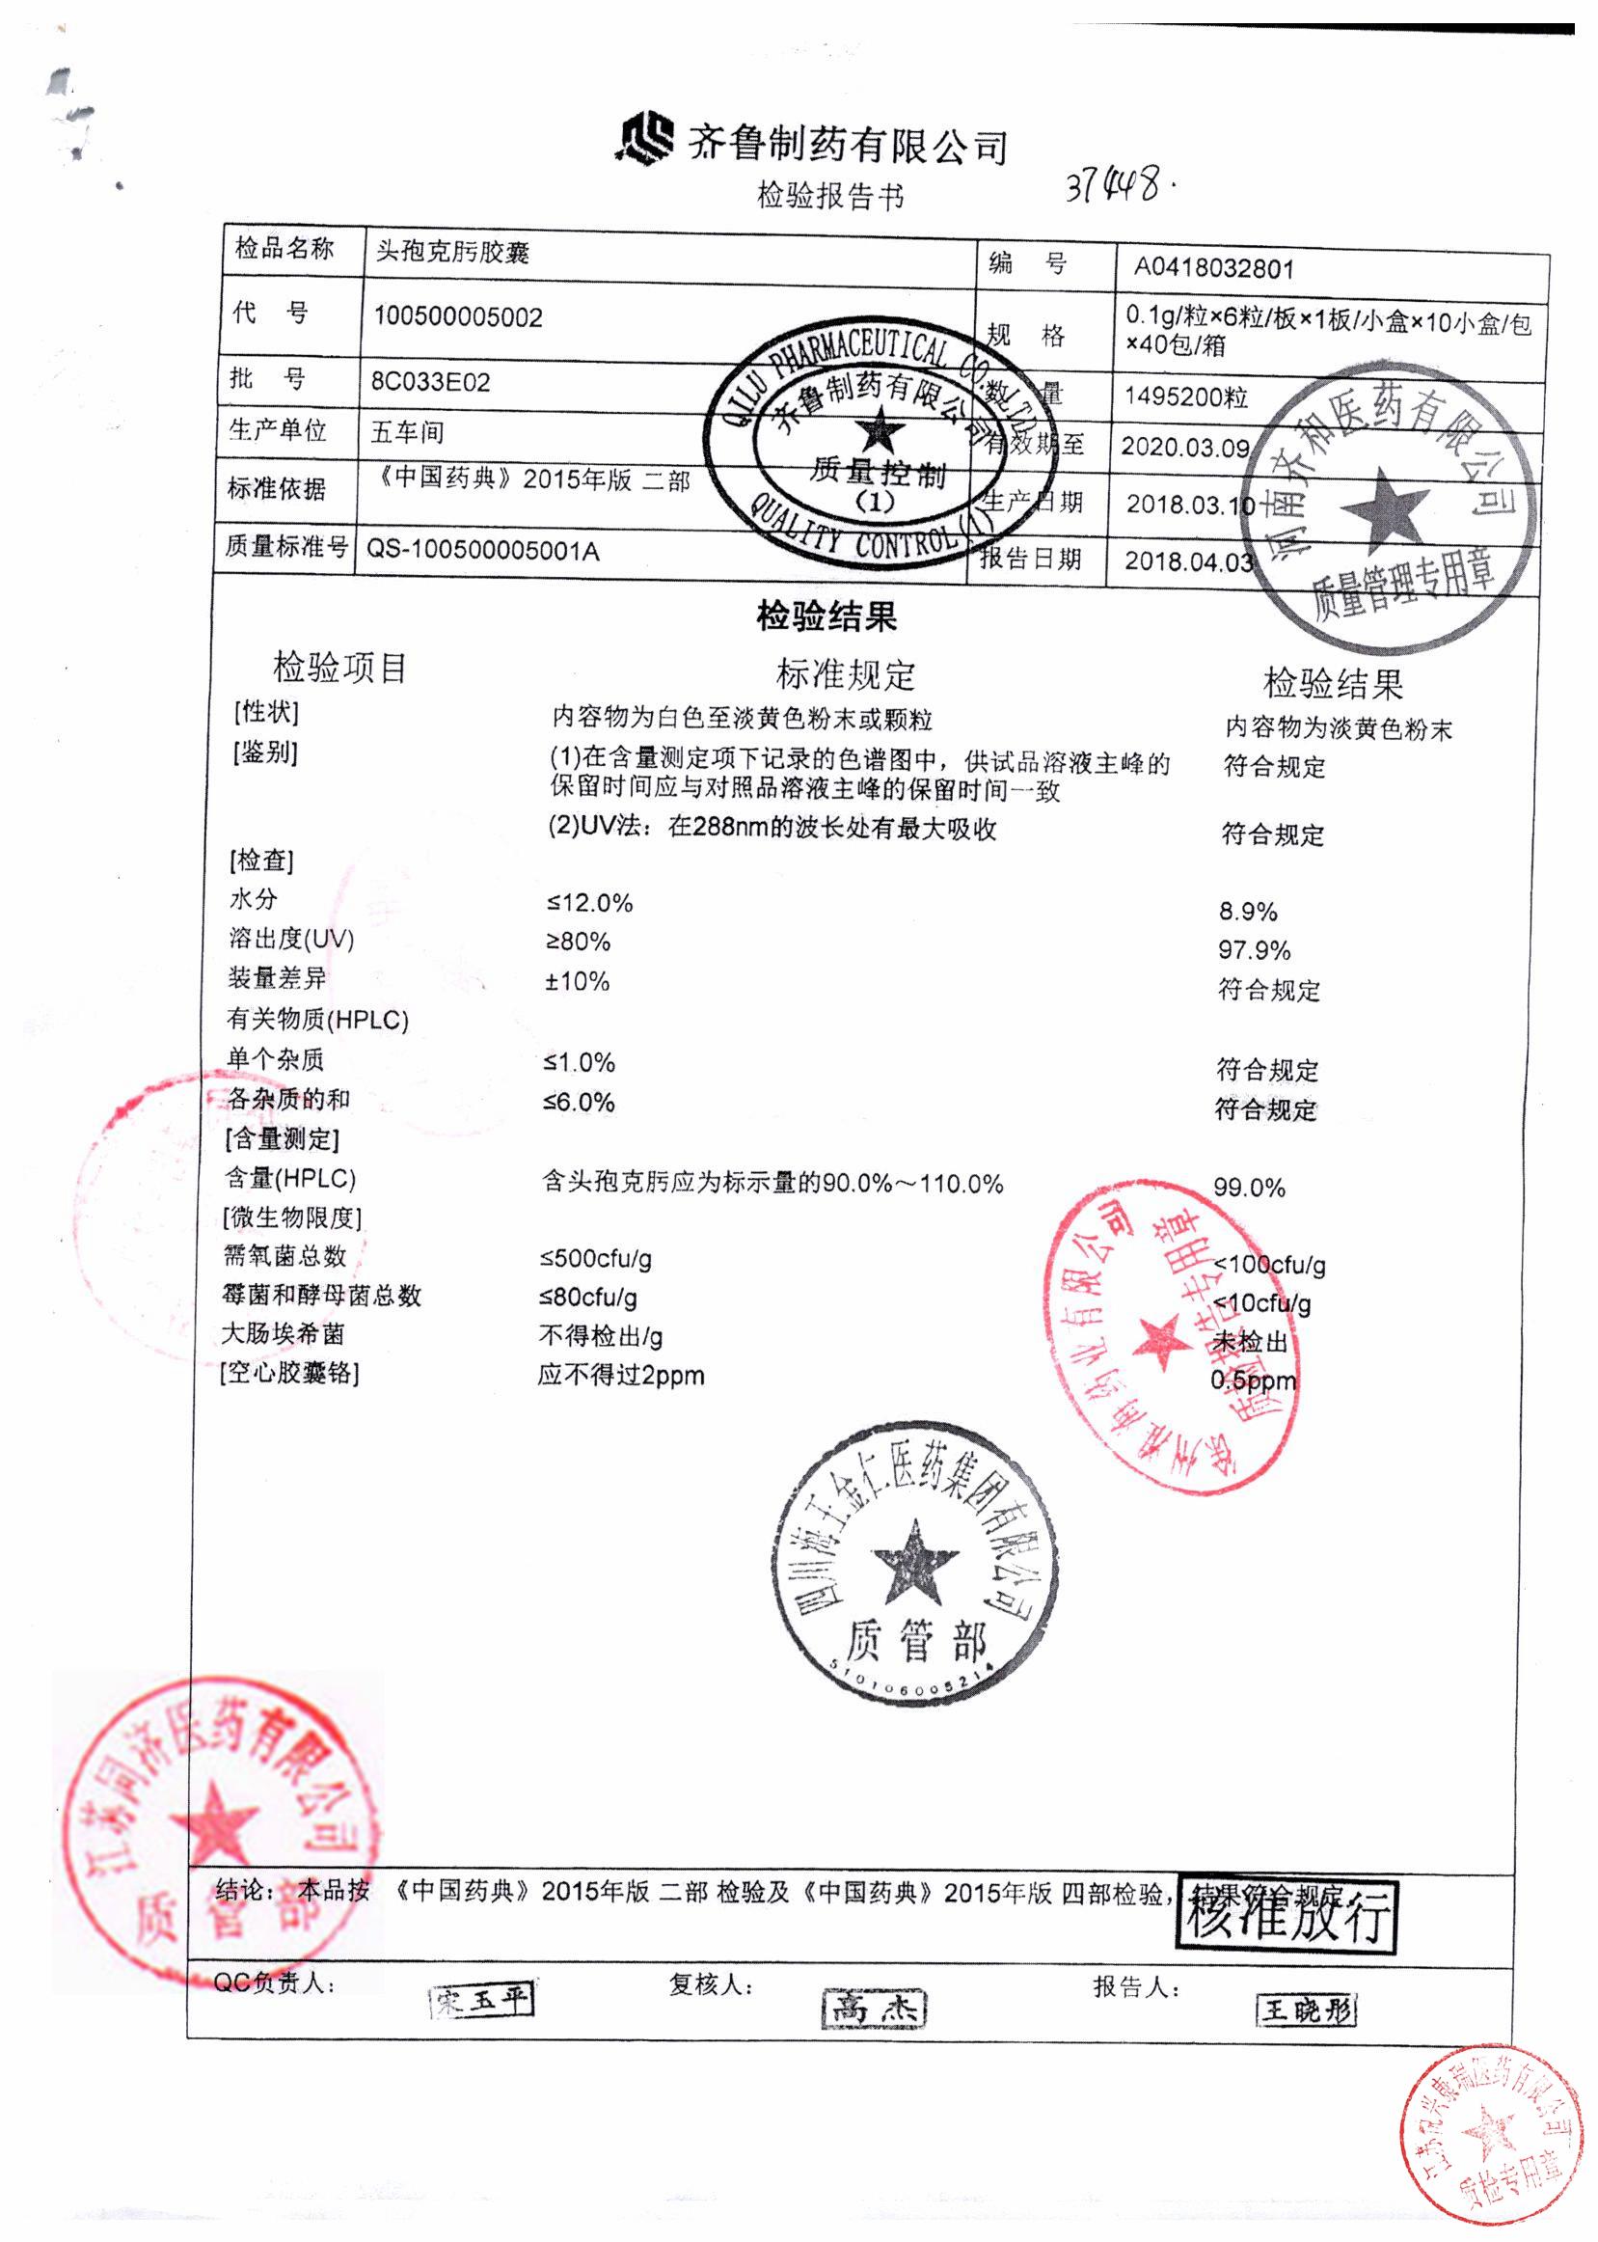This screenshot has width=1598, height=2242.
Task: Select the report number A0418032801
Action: click(x=1213, y=267)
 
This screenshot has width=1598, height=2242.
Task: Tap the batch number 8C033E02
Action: click(x=430, y=382)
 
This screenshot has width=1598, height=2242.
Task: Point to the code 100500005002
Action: click(x=457, y=317)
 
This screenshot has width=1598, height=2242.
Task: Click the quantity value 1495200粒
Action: click(x=1185, y=396)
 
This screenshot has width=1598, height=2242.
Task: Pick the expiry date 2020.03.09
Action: click(x=1184, y=447)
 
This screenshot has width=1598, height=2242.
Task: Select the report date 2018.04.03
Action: click(x=1189, y=561)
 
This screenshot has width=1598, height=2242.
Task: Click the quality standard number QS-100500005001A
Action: click(x=482, y=550)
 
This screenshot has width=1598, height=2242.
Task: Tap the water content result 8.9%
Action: click(x=1248, y=912)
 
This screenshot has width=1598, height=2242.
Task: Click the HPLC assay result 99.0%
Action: click(x=1249, y=1188)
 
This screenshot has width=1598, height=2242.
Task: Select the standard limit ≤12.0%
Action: click(x=589, y=903)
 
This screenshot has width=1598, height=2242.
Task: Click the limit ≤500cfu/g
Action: click(x=595, y=1258)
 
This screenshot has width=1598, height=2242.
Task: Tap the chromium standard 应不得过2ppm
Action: click(x=621, y=1375)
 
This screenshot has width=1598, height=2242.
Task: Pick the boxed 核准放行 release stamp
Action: click(x=1287, y=1915)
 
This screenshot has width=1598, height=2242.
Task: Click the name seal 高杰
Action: click(x=873, y=2008)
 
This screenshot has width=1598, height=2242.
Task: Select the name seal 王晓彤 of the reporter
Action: click(x=1306, y=2008)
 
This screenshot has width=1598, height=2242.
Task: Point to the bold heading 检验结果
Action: click(x=826, y=617)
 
